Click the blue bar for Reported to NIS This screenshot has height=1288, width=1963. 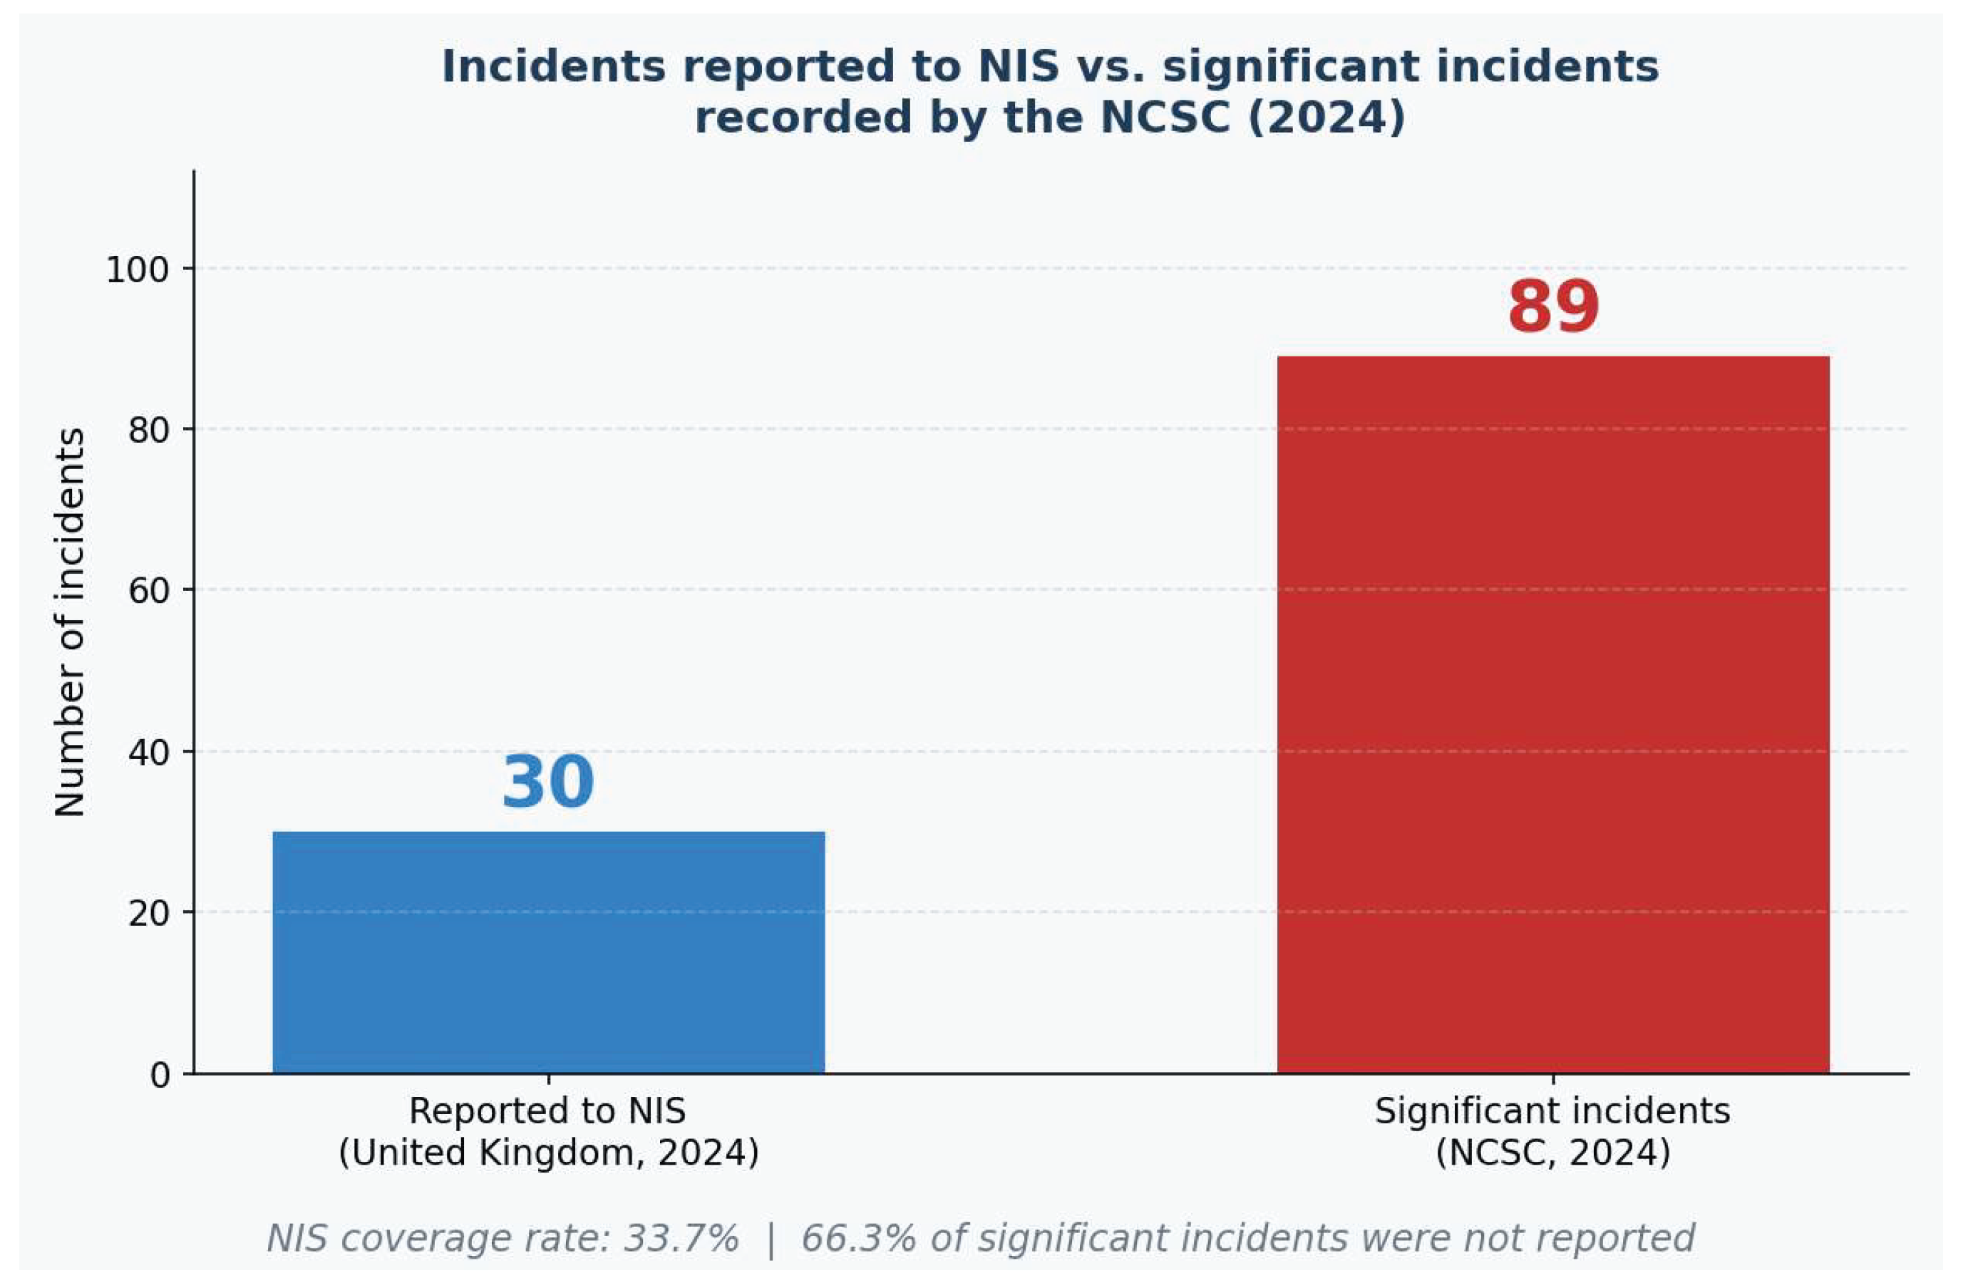tap(549, 952)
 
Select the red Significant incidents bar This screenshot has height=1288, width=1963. tap(1553, 715)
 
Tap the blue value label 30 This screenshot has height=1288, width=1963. tap(549, 782)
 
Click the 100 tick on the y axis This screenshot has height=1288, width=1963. tap(137, 269)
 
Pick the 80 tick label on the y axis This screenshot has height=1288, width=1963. tap(148, 430)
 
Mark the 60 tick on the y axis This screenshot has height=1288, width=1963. tap(148, 590)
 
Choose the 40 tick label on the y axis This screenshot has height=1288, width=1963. tap(148, 752)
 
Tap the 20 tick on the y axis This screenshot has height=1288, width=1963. tap(148, 913)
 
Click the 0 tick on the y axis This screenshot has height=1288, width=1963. tap(160, 1074)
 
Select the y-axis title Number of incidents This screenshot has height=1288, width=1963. tap(70, 622)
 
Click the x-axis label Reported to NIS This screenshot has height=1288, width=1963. tap(547, 1111)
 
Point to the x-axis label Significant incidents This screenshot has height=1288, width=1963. tap(1552, 1111)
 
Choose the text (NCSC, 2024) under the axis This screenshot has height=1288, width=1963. tap(1553, 1153)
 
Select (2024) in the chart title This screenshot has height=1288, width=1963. tap(1326, 117)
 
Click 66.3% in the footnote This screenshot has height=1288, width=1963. tap(859, 1239)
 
